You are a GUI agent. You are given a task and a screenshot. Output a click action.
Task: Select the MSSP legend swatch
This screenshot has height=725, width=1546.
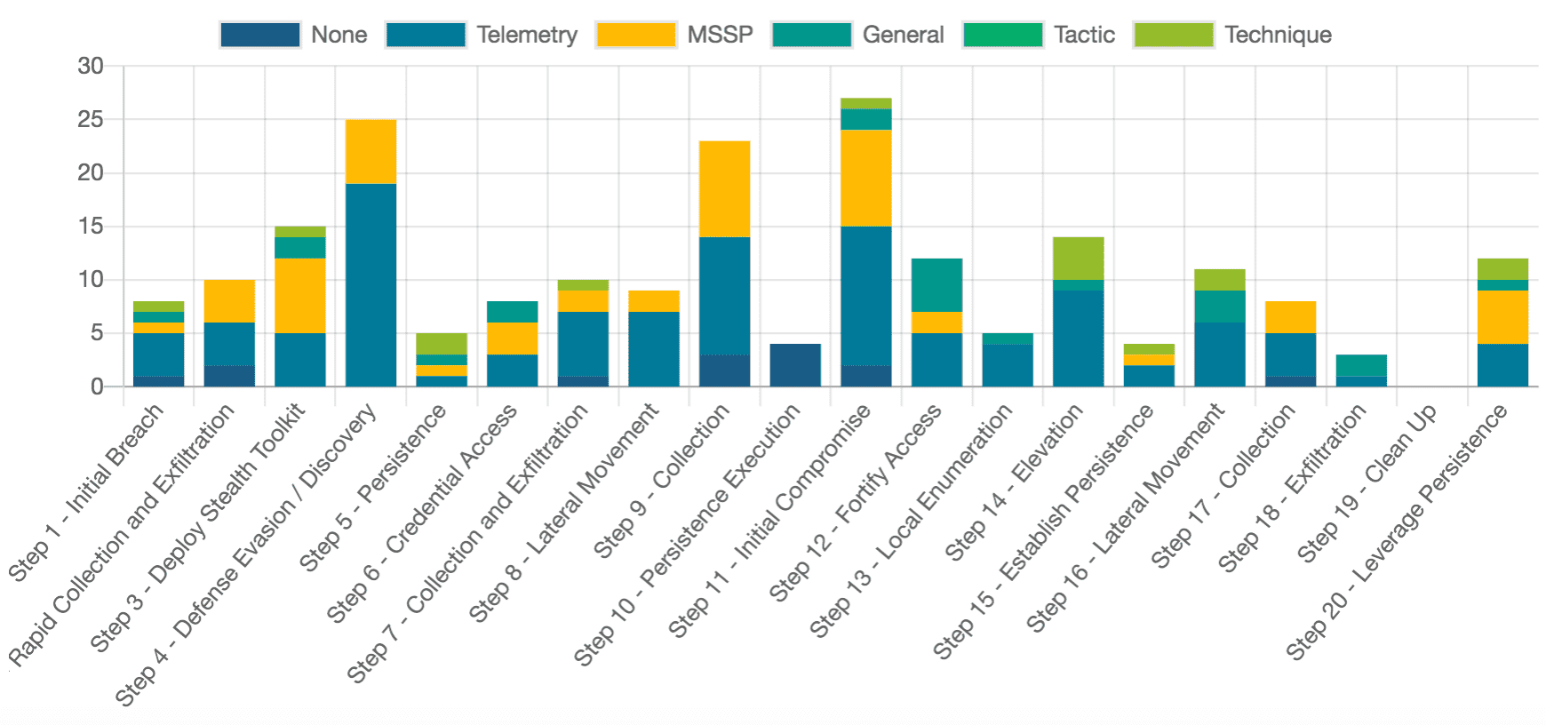pos(635,35)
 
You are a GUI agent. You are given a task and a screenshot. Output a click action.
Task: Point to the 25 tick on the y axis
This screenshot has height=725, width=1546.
pos(91,120)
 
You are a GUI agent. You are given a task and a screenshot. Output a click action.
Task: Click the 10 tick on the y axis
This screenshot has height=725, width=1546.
pos(91,280)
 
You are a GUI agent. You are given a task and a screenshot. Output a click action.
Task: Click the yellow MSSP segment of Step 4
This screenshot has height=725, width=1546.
pos(371,152)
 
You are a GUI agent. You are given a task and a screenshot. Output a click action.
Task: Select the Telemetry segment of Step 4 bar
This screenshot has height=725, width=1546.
pos(371,284)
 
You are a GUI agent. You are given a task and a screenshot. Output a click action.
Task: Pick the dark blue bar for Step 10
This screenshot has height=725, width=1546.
pos(795,365)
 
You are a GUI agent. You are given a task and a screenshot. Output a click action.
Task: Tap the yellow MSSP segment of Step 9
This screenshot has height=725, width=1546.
pos(724,189)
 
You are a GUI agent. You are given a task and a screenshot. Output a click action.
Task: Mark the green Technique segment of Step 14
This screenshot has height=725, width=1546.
pos(1079,259)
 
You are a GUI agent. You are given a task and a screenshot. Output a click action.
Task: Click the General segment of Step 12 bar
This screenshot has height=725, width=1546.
pos(936,285)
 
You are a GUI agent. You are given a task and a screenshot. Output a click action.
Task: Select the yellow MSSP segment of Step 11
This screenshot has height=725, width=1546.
pos(866,179)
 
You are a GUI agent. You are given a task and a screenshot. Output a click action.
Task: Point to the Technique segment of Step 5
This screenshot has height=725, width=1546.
pos(442,344)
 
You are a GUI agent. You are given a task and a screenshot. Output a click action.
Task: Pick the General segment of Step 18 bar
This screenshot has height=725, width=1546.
pos(1361,365)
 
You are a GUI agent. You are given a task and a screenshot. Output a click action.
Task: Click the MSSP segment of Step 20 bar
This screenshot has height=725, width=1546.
pos(1502,317)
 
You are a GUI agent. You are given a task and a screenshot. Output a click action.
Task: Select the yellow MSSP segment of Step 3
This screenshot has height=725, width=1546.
pos(299,296)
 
